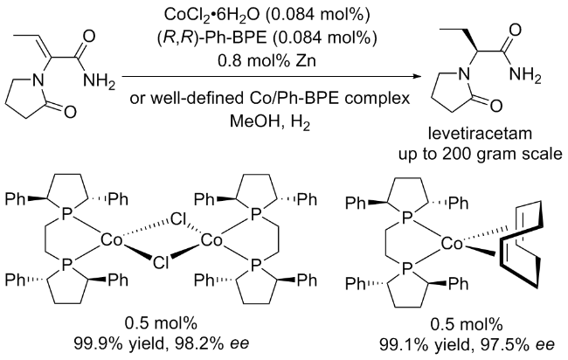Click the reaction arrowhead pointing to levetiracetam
tap(419, 77)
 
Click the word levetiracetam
tap(481, 134)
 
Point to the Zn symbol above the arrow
tap(306, 60)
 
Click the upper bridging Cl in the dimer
tap(178, 219)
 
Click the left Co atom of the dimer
tap(112, 240)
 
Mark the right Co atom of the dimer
tap(211, 240)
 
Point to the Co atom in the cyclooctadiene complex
tap(452, 245)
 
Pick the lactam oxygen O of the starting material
tap(70, 112)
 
